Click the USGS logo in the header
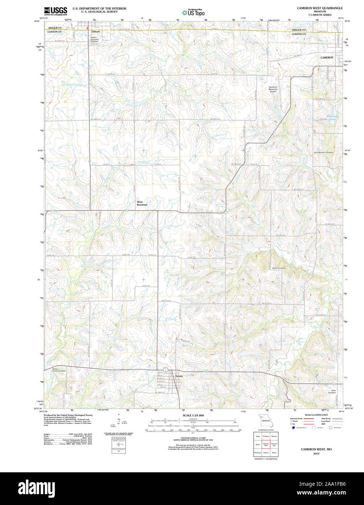[55, 11]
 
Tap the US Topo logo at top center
[193, 13]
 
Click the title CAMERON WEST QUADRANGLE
[319, 8]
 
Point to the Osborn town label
[95, 32]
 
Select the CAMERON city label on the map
[327, 58]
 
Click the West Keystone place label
[142, 203]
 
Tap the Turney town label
[179, 376]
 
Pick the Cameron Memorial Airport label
[273, 89]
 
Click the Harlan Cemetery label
[279, 268]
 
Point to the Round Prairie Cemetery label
[59, 370]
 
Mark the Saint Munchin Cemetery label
[324, 152]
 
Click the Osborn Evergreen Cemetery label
[94, 39]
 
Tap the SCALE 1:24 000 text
[193, 415]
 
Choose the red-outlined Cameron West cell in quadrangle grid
[266, 444]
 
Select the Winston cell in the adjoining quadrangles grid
[274, 436]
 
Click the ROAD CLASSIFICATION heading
[316, 415]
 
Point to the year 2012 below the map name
[316, 454]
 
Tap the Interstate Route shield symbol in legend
[293, 427]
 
